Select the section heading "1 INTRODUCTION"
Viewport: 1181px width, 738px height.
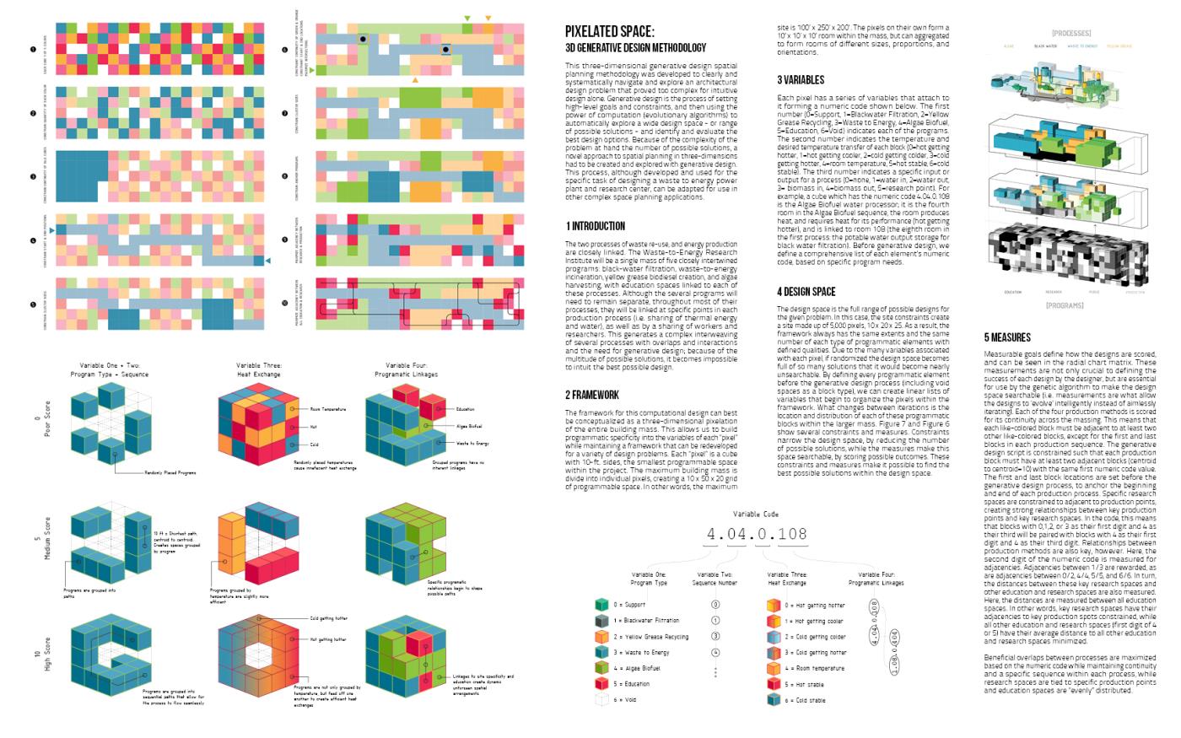click(596, 226)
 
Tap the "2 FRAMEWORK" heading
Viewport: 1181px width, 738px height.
click(592, 395)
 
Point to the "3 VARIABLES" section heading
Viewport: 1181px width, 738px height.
click(801, 80)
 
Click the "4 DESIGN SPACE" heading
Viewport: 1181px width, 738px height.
click(806, 292)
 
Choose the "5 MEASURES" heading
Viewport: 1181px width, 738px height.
click(1007, 337)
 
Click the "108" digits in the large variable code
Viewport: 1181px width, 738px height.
click(792, 534)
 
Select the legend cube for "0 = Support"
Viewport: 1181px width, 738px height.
click(601, 605)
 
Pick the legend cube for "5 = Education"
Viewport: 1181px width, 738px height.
click(601, 684)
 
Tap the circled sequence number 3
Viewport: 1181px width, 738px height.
click(715, 636)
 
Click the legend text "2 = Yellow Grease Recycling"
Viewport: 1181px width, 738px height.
click(650, 637)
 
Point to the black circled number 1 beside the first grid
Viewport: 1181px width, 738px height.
click(31, 50)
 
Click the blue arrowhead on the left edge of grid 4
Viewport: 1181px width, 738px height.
click(52, 230)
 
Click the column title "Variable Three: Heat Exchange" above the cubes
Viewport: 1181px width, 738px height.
click(260, 369)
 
